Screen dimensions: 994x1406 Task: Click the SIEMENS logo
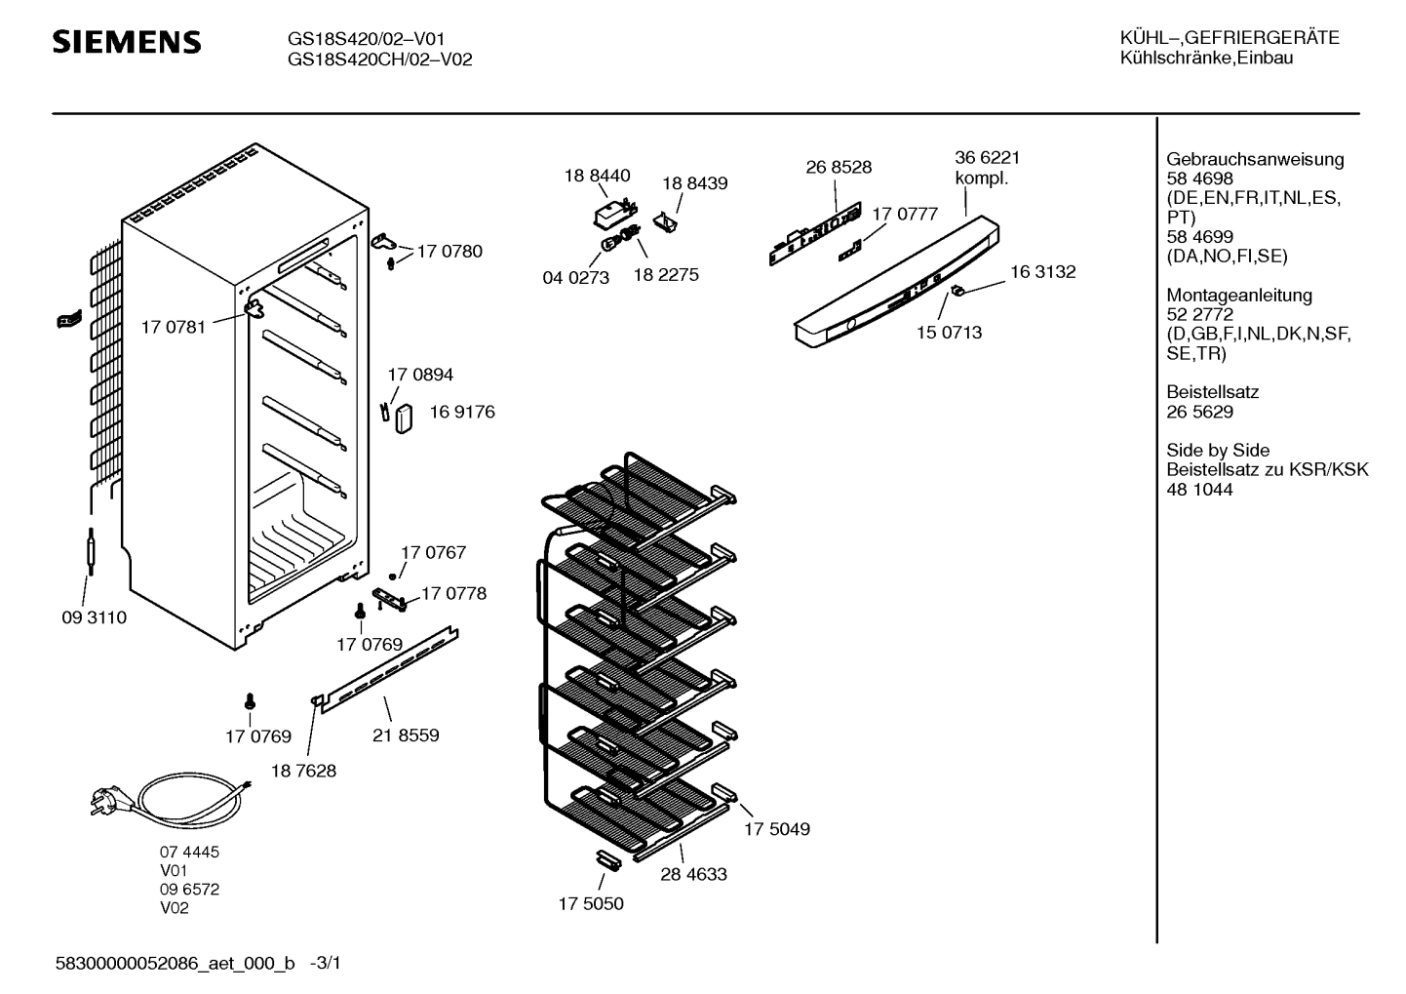[127, 42]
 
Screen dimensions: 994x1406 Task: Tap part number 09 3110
[95, 617]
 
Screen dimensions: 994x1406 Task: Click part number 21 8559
[406, 736]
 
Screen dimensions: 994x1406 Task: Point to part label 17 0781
[174, 327]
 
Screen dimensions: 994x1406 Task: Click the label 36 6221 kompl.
[987, 168]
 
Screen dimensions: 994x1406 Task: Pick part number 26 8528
[839, 167]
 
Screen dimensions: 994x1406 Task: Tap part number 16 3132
[1042, 272]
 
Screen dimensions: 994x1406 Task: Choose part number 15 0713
[949, 333]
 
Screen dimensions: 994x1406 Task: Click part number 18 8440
[597, 176]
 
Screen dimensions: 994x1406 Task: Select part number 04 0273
[575, 278]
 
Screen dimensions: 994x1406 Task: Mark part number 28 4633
[693, 874]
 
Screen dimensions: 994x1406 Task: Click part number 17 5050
[591, 903]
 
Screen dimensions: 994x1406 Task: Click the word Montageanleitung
[1239, 295]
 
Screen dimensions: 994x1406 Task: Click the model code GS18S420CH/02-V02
[380, 60]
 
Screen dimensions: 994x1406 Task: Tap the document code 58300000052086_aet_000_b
[176, 964]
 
